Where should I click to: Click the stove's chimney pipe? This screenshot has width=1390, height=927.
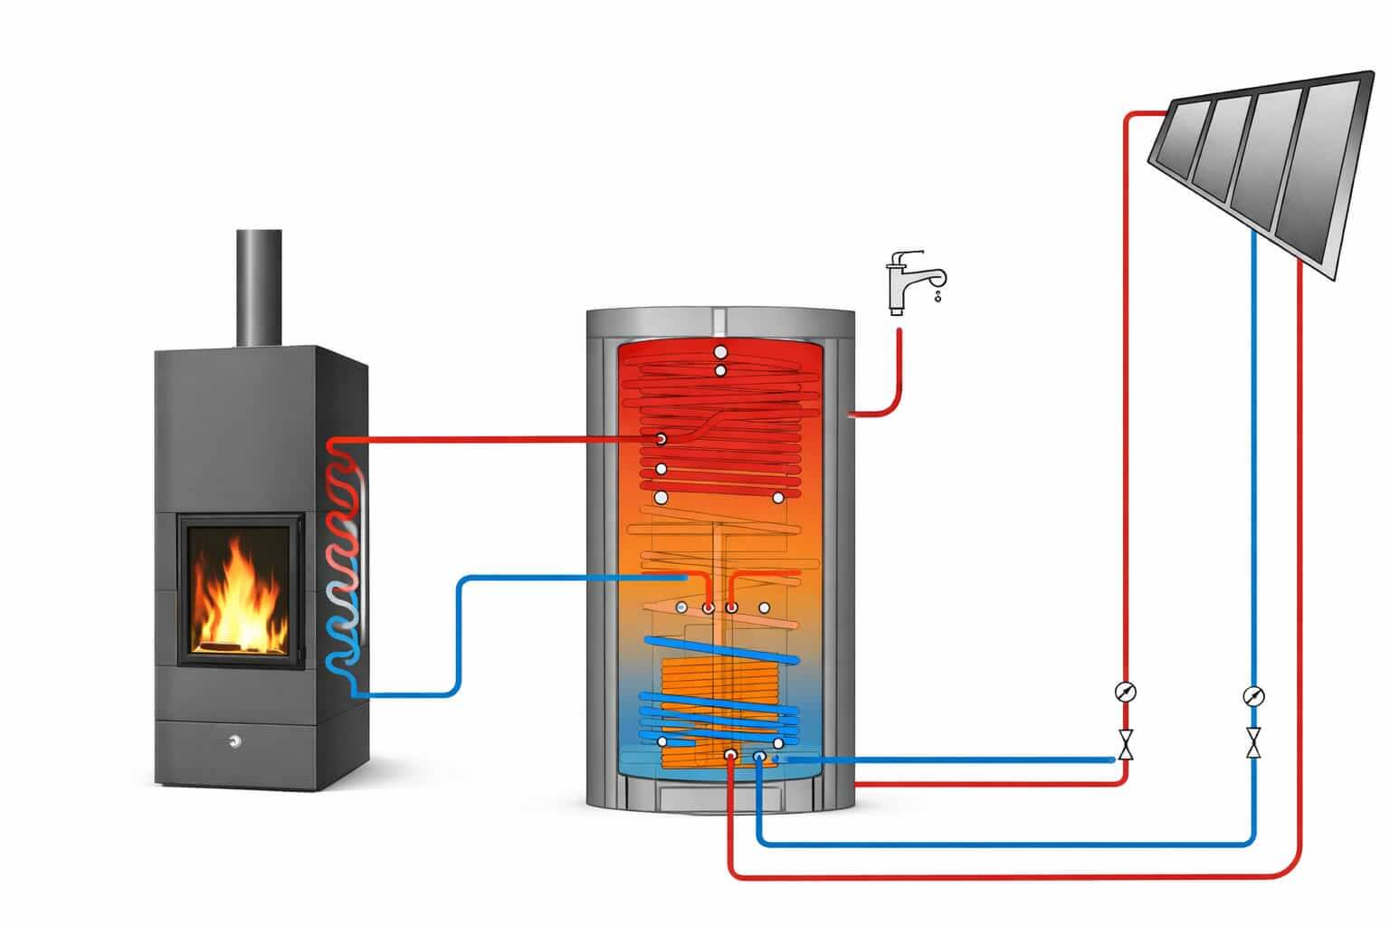coord(259,287)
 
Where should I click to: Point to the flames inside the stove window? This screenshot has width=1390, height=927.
coord(240,588)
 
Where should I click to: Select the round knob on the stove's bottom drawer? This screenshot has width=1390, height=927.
coord(234,741)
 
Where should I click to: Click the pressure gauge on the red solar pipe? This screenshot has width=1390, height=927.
coord(1126,693)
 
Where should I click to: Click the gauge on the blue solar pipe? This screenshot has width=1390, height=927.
coord(1253,696)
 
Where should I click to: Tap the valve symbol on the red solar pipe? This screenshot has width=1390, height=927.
coord(1126,744)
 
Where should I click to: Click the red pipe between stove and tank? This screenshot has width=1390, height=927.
coord(498,441)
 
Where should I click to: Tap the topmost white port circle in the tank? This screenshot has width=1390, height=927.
coord(720,351)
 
